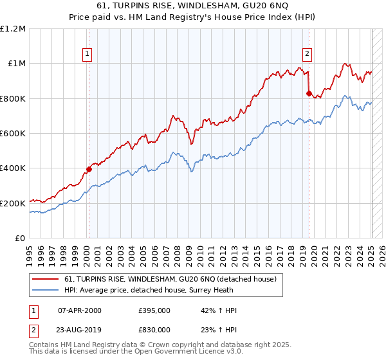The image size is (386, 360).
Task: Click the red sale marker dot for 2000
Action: click(x=89, y=170)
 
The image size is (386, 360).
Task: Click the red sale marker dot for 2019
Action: click(x=309, y=93)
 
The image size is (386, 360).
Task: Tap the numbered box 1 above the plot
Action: click(x=86, y=54)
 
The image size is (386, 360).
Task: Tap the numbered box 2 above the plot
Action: click(x=308, y=54)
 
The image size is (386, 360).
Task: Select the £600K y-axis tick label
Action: click(x=12, y=134)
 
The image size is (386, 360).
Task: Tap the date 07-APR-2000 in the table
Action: click(x=80, y=310)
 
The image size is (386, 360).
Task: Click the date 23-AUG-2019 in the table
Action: click(x=80, y=328)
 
